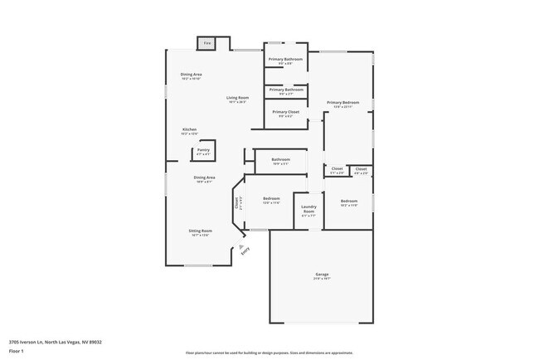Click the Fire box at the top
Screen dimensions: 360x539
[x=207, y=42]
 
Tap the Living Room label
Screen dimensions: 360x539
[x=240, y=98]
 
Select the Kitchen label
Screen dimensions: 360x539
[x=190, y=129]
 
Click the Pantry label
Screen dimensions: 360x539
[x=203, y=150]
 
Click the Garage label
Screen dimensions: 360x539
[x=323, y=274]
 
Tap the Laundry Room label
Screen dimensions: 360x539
[x=308, y=211]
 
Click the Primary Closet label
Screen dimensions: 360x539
[x=286, y=111]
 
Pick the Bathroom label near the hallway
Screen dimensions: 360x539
[x=280, y=159]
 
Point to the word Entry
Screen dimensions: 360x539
[x=245, y=255]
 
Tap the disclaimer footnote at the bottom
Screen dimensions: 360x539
[x=269, y=352]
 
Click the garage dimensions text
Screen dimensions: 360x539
[x=323, y=279]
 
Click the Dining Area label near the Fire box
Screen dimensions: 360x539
[x=192, y=74]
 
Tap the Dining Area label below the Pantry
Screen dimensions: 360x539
[x=205, y=178]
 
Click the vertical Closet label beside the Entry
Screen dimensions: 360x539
[x=236, y=201]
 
